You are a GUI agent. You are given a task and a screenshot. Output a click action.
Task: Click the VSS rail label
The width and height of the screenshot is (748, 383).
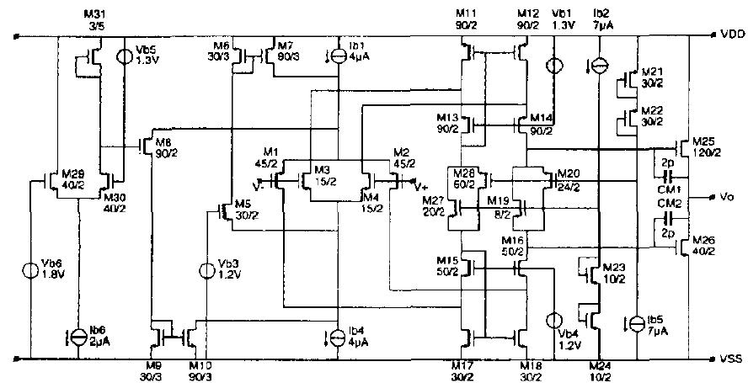pos(731,359)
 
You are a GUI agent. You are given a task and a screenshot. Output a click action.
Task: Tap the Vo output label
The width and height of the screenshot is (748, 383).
pos(728,197)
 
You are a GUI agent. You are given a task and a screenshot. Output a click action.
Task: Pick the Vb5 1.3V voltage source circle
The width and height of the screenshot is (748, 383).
pos(123,56)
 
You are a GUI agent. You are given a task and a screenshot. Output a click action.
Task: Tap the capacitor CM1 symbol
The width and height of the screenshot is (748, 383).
pos(666,177)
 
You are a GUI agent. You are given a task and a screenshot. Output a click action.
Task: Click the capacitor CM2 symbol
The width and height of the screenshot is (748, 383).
pos(666,216)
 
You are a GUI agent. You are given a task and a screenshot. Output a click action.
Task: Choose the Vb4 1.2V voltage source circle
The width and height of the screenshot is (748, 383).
pos(554,321)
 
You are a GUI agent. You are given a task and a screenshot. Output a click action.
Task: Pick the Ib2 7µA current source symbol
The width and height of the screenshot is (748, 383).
pos(598,65)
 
